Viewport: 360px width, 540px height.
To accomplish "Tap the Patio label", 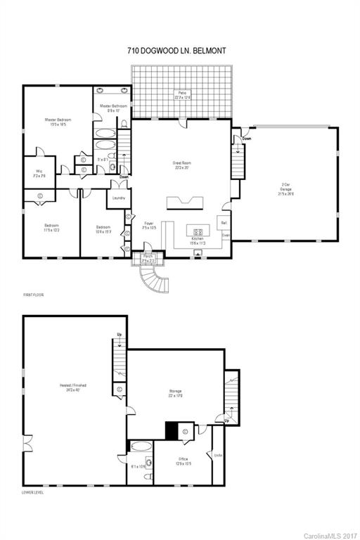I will [182, 95].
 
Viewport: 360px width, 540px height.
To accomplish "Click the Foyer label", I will [148, 226].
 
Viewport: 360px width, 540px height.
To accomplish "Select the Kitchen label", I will [198, 240].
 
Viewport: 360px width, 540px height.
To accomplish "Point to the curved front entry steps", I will [154, 283].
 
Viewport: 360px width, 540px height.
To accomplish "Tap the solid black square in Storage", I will [171, 430].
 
